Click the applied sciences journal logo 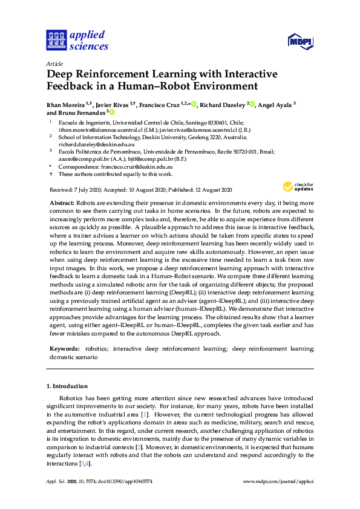click(76, 40)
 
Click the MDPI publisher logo click(299, 41)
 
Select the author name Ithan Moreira click(68, 105)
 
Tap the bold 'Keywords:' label click(64, 349)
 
